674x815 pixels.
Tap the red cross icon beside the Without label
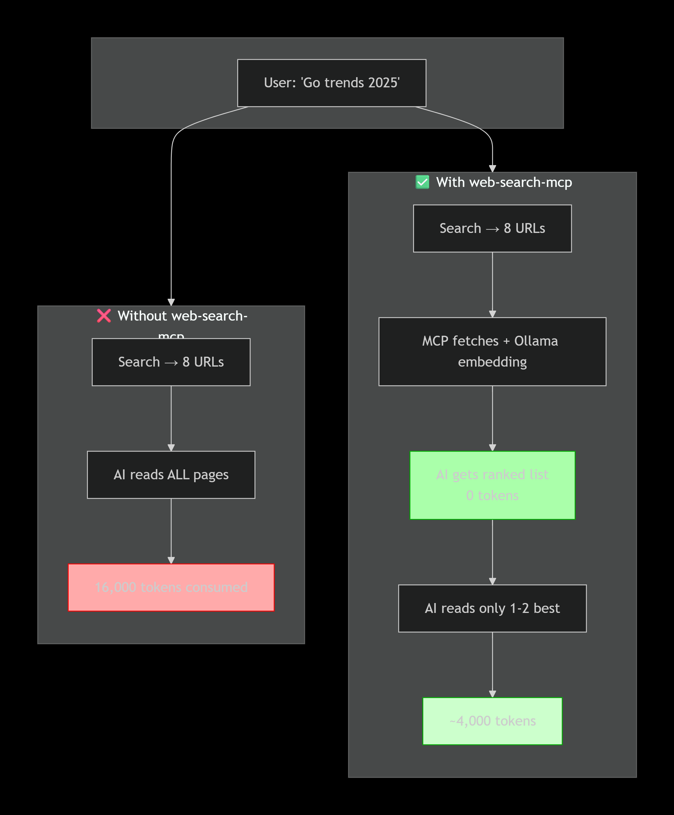[x=104, y=316]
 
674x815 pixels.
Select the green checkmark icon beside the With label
[x=422, y=182]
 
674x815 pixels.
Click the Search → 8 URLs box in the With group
[x=492, y=228]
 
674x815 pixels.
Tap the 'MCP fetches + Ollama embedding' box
[x=492, y=351]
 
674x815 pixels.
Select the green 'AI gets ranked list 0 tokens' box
[x=492, y=485]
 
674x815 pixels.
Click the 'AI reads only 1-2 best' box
[x=492, y=608]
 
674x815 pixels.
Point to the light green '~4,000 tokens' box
[x=492, y=721]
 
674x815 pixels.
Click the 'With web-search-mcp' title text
[x=504, y=182]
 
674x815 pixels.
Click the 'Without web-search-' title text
[x=182, y=316]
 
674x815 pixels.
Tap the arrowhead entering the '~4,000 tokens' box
[x=492, y=694]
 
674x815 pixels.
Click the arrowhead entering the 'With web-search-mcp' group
[x=492, y=168]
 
